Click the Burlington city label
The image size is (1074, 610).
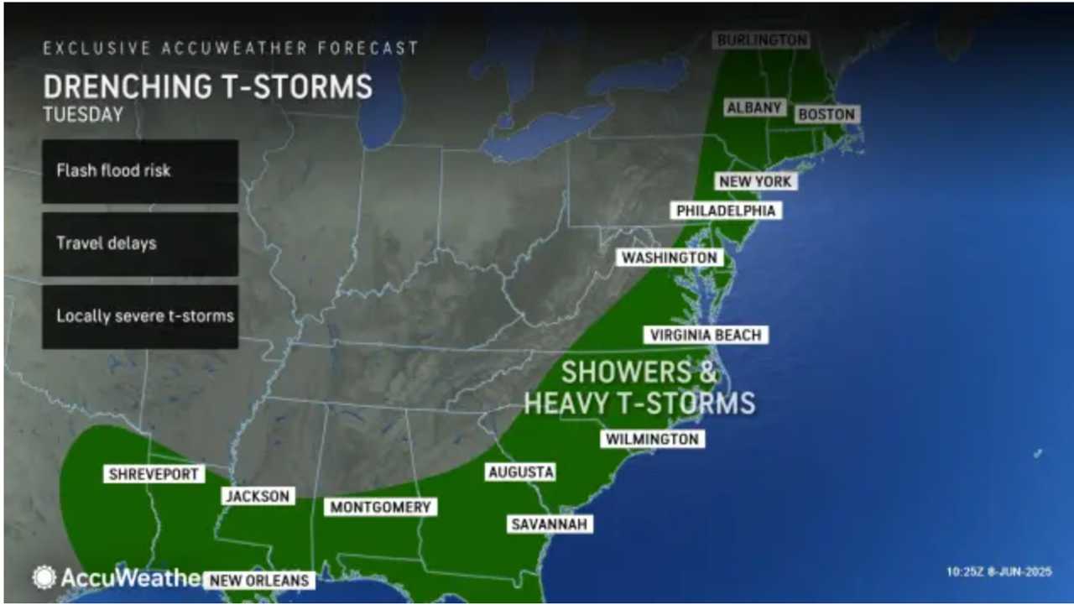click(x=762, y=39)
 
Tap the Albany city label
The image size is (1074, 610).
click(x=754, y=107)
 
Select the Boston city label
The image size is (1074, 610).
click(x=826, y=114)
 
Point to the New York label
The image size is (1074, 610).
click(x=755, y=181)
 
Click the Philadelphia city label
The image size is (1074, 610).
click(x=726, y=210)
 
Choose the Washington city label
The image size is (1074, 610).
click(x=670, y=257)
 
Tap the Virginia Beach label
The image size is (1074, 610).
click(x=706, y=335)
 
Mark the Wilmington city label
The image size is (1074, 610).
click(x=652, y=439)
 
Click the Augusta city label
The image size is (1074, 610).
click(x=520, y=472)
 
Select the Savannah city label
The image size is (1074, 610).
click(x=550, y=524)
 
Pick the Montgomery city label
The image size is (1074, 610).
click(x=380, y=507)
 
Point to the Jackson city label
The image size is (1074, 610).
click(x=258, y=496)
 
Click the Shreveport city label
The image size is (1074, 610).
click(x=154, y=474)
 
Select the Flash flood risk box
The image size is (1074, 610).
click(x=140, y=171)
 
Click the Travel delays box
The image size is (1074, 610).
click(x=140, y=244)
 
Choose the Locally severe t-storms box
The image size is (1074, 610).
click(x=140, y=316)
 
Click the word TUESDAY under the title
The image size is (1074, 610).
click(x=83, y=115)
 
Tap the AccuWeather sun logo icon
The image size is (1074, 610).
click(x=44, y=577)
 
